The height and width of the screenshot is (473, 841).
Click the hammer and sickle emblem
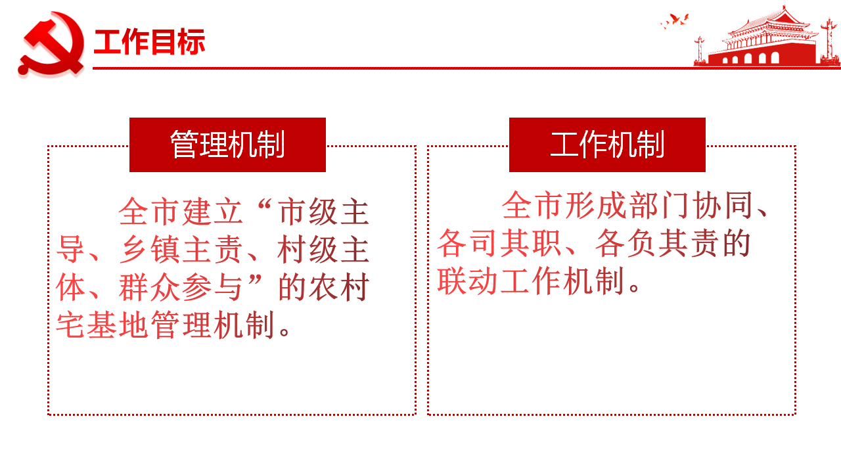click(51, 44)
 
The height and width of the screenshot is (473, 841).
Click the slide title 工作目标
click(149, 41)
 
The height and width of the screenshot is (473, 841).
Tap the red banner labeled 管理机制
click(227, 145)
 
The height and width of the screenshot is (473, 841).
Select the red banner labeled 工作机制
click(607, 145)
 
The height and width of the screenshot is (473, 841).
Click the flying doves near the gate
click(675, 20)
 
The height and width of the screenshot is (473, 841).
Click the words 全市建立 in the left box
click(181, 212)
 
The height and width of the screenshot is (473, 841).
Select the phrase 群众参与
click(181, 288)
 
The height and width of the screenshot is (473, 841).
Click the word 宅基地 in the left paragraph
click(102, 325)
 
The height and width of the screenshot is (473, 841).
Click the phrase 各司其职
click(499, 243)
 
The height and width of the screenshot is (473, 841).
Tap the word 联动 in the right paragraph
click(468, 281)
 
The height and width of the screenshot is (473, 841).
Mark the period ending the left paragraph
click(284, 332)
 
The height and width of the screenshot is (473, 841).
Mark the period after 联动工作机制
click(635, 288)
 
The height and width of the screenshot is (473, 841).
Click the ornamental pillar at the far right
click(829, 41)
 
